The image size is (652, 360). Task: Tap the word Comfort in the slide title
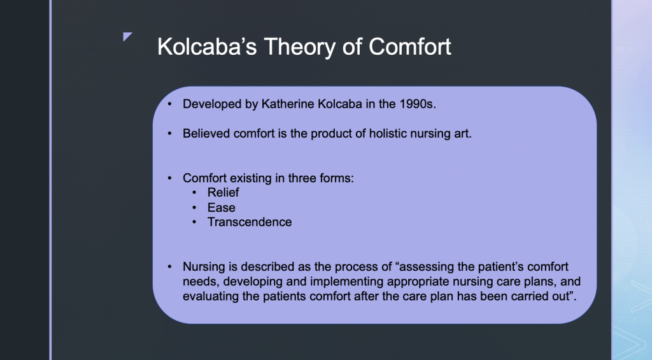click(x=410, y=47)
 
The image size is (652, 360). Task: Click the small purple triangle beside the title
click(x=127, y=36)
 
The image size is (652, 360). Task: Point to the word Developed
click(x=212, y=104)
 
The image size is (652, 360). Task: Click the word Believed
click(x=206, y=134)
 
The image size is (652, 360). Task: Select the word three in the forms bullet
click(x=302, y=178)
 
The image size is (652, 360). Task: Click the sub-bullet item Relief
click(x=223, y=192)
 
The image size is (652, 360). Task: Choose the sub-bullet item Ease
click(x=221, y=207)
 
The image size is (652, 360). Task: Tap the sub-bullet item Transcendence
click(x=250, y=222)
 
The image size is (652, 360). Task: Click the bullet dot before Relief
click(x=194, y=192)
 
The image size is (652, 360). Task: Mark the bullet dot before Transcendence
click(x=194, y=222)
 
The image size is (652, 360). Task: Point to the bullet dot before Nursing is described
click(x=169, y=267)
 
